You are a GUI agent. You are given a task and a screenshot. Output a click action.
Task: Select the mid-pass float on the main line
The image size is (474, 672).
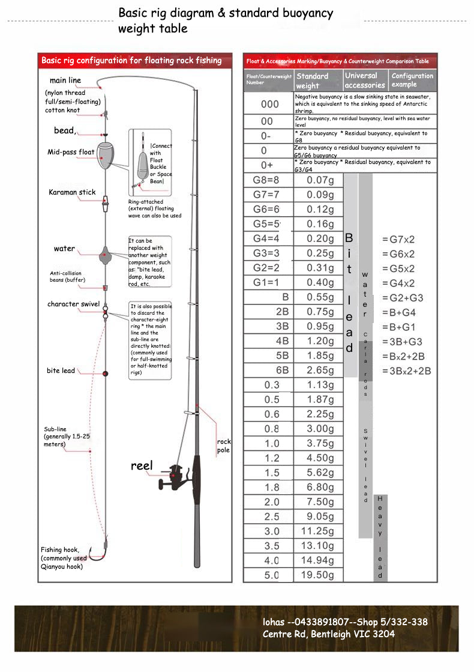tap(105, 154)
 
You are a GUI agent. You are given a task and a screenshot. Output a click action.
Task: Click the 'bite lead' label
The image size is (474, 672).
tap(61, 371)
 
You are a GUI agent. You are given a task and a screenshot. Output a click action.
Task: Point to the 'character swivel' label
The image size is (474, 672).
tap(73, 304)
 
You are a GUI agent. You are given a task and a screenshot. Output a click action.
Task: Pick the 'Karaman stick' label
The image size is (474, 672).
tap(72, 193)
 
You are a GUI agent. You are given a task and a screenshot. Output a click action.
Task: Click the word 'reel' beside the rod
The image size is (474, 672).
tap(142, 466)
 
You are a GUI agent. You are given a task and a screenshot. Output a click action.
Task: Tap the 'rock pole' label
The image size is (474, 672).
tap(223, 446)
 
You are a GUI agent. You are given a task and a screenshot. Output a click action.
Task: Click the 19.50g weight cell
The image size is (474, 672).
tap(318, 575)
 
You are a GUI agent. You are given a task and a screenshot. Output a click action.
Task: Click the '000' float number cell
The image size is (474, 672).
tap(269, 104)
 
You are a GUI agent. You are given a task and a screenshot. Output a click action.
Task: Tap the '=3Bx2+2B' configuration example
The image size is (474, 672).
tap(406, 371)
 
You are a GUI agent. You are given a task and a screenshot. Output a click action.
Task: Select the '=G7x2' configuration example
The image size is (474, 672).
tap(398, 240)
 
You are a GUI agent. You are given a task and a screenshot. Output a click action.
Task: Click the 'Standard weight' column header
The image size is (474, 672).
tap(313, 80)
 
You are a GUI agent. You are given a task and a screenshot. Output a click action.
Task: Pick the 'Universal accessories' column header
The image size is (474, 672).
tap(364, 80)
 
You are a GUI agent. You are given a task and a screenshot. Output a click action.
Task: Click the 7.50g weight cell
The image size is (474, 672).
tap(318, 502)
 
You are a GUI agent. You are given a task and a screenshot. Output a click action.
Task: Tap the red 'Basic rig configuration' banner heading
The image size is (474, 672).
tap(131, 61)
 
